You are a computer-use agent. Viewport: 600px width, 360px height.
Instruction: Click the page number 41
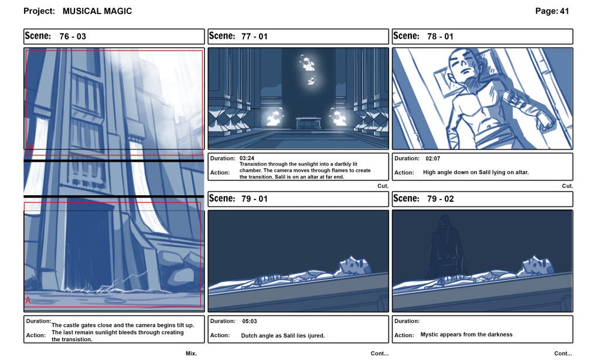(564, 11)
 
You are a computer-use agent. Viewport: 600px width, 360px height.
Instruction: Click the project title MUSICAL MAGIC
(97, 11)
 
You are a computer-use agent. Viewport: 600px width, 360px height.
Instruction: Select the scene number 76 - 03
(73, 36)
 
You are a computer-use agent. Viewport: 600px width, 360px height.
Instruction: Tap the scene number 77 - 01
(254, 36)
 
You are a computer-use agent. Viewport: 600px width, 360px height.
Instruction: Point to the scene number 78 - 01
(440, 36)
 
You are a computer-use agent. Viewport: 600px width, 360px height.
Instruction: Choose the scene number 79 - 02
(441, 199)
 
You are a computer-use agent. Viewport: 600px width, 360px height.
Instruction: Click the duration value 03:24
(246, 158)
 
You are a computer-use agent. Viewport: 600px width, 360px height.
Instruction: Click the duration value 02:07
(433, 158)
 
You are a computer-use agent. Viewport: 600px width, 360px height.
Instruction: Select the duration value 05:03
(250, 321)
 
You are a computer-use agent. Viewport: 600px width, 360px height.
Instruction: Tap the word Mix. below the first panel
(191, 354)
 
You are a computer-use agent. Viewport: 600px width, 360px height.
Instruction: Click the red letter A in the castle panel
(28, 300)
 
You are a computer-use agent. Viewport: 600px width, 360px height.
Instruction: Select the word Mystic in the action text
(431, 335)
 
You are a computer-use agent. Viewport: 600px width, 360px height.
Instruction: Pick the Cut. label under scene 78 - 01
(567, 186)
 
